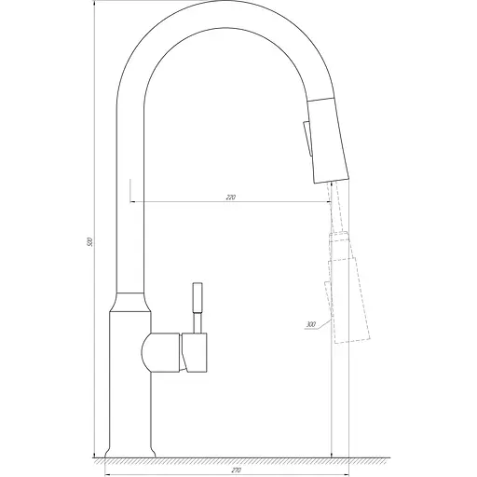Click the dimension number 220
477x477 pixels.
pyautogui.click(x=230, y=198)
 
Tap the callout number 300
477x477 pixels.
pyautogui.click(x=309, y=324)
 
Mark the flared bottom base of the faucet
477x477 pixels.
pyautogui.click(x=129, y=446)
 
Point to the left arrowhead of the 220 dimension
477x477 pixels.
pyautogui.click(x=131, y=202)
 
